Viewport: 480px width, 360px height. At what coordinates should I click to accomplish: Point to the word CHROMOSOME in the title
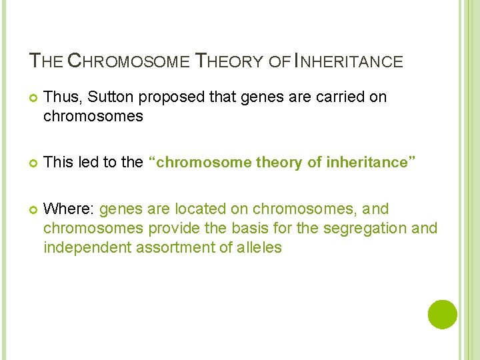(x=128, y=62)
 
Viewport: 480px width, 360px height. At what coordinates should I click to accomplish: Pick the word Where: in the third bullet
(x=69, y=209)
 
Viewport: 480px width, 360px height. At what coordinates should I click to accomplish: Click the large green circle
(x=443, y=315)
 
